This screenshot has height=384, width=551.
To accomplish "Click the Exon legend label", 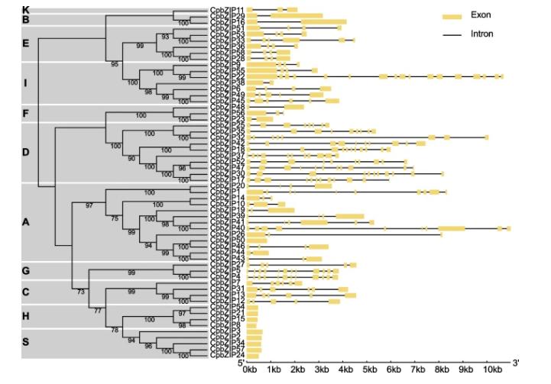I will point(481,15).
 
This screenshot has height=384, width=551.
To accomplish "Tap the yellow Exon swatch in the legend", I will point(453,15).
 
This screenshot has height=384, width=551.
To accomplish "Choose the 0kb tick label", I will point(249,370).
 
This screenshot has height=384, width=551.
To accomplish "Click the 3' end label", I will point(516,362).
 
